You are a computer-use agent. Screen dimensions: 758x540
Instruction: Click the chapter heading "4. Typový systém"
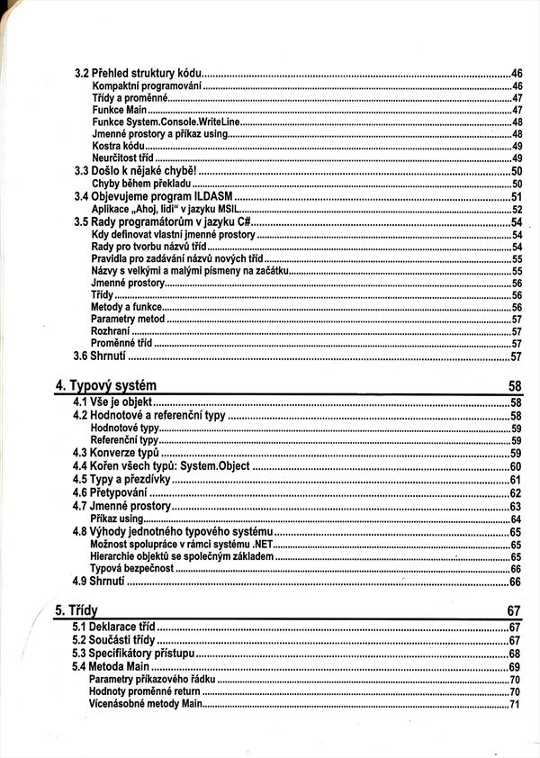106,386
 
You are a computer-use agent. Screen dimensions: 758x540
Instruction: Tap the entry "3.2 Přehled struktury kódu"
138,73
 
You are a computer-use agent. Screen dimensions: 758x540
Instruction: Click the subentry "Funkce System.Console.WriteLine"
166,122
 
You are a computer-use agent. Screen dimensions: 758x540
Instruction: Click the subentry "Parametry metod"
128,320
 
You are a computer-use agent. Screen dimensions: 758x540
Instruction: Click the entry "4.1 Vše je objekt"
114,402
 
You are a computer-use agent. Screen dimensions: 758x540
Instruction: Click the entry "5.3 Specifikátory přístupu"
134,653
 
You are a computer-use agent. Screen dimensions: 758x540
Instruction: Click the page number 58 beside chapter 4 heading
515,386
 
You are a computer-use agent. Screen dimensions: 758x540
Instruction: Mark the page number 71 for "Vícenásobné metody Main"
516,705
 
